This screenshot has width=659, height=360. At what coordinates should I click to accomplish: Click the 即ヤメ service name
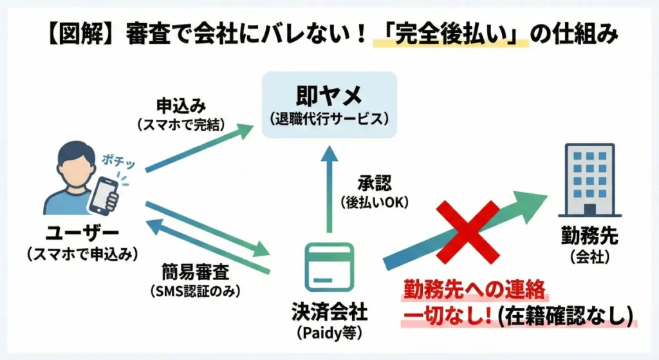[x=329, y=97]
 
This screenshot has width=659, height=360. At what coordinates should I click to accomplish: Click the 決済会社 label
[x=329, y=312]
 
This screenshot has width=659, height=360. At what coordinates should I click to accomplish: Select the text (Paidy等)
[x=329, y=333]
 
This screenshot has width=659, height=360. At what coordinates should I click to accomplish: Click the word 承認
[x=374, y=183]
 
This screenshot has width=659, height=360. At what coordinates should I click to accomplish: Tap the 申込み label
[x=181, y=106]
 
